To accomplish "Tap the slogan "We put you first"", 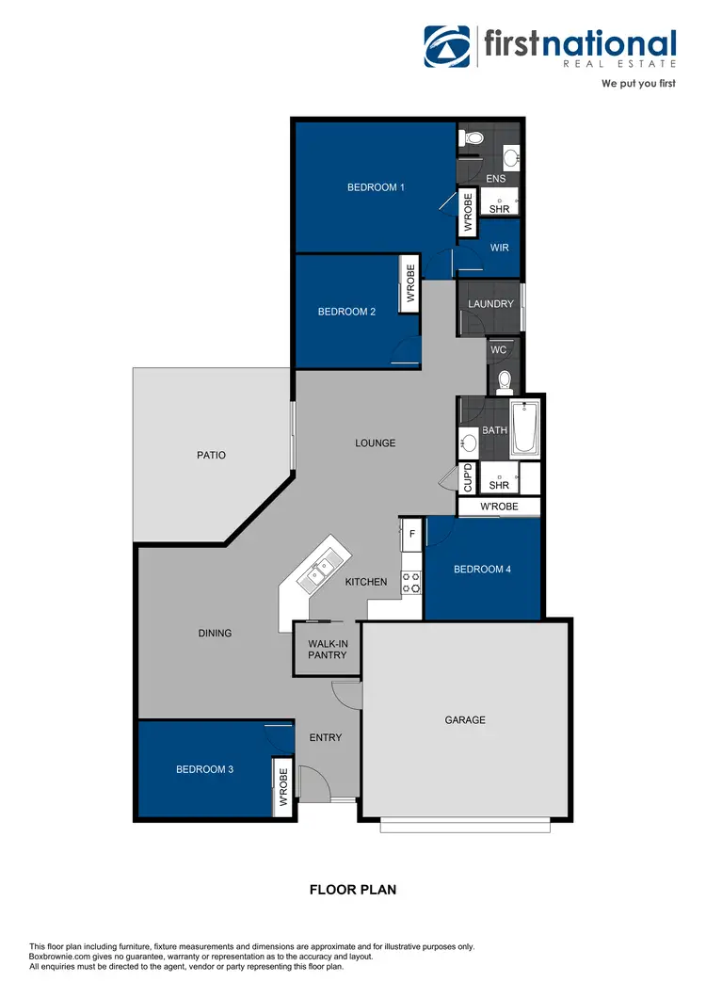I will pos(639,83).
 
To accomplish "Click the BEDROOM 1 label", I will pos(376,187).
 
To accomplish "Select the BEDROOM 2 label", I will pos(346,312).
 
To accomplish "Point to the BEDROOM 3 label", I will pos(204,769).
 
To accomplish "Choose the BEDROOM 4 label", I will pos(482,569).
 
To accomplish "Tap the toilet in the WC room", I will pos(505,380).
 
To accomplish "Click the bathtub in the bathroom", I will pos(524,428).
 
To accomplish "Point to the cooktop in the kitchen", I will pos(410,582).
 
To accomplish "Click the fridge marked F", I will pos(411,534).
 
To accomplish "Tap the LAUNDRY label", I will pos(490,304).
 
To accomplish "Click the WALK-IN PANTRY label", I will pos(327,649).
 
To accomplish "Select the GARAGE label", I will pos(465,720).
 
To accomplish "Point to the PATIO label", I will pos(211,455).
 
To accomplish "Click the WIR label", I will pos(499,248).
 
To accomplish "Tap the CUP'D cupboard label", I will pos(467,478).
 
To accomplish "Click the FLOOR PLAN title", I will pos(353,889).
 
